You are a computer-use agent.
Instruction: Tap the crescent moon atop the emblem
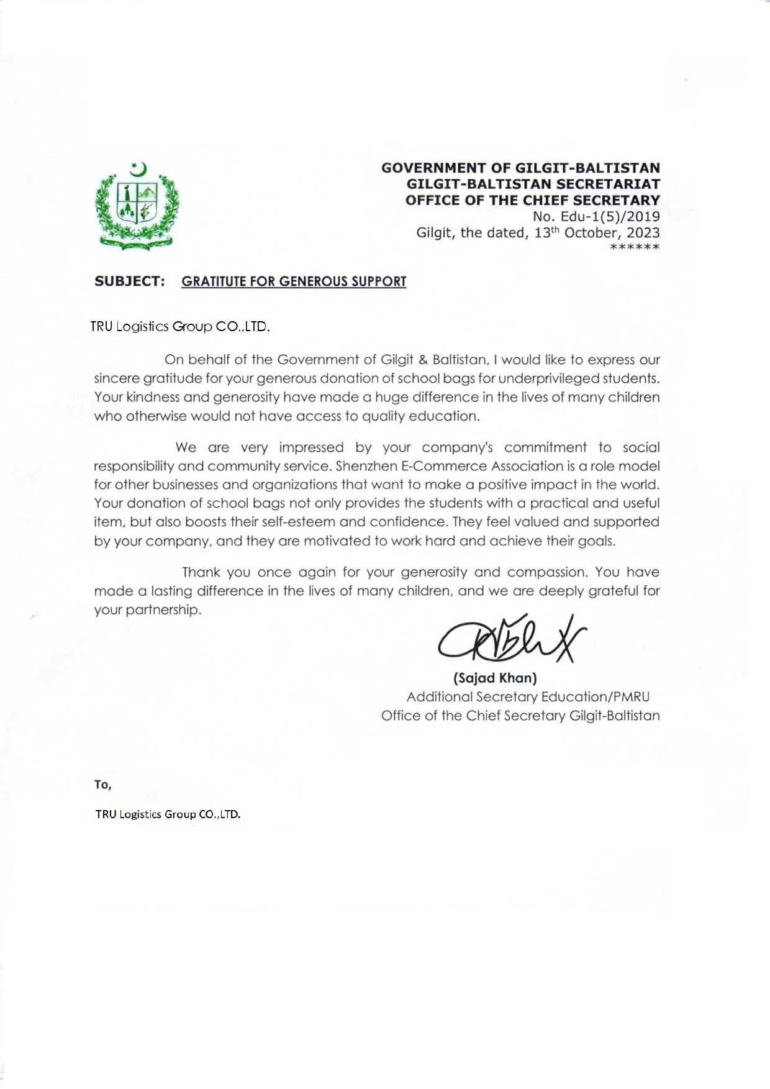(x=140, y=168)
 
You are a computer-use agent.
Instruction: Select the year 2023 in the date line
(x=640, y=233)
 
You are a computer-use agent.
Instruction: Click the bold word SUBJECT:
(x=129, y=281)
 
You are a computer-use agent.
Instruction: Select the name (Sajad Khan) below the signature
(x=495, y=678)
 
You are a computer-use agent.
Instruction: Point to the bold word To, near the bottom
(x=102, y=785)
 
